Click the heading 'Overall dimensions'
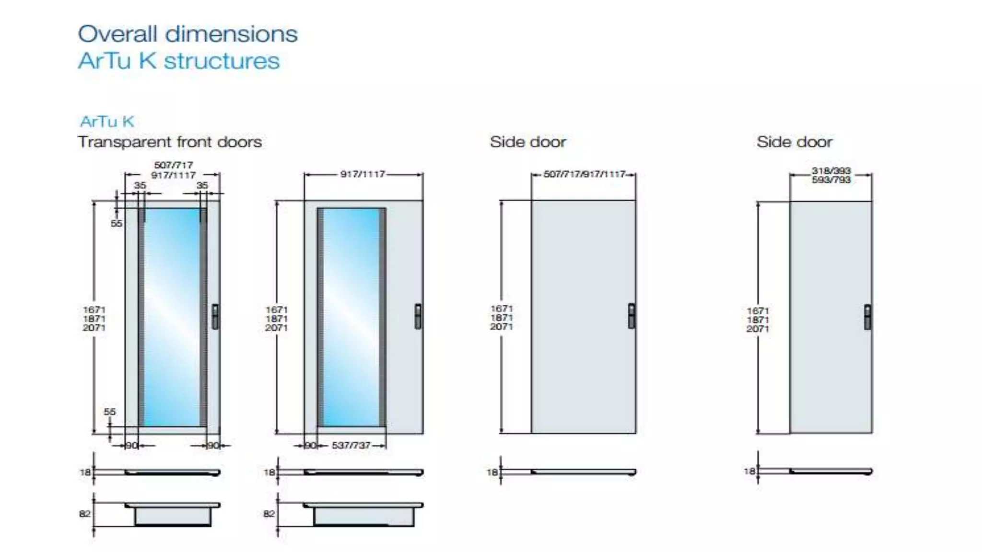(187, 34)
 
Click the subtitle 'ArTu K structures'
(178, 61)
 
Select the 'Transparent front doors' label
(170, 142)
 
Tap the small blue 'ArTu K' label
(107, 121)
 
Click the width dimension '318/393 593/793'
(831, 175)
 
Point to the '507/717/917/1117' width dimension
(584, 174)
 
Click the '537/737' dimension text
(351, 445)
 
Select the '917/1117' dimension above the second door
(362, 174)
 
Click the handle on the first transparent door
(215, 316)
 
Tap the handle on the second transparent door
(418, 316)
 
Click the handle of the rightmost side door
(867, 317)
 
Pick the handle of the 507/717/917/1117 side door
(631, 316)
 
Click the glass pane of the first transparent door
(172, 316)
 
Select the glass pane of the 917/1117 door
(351, 316)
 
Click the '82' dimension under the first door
(84, 514)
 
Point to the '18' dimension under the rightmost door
(749, 471)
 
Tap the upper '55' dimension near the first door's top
(117, 223)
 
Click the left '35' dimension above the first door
(140, 185)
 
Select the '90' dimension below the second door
(311, 445)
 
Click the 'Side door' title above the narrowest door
(794, 142)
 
